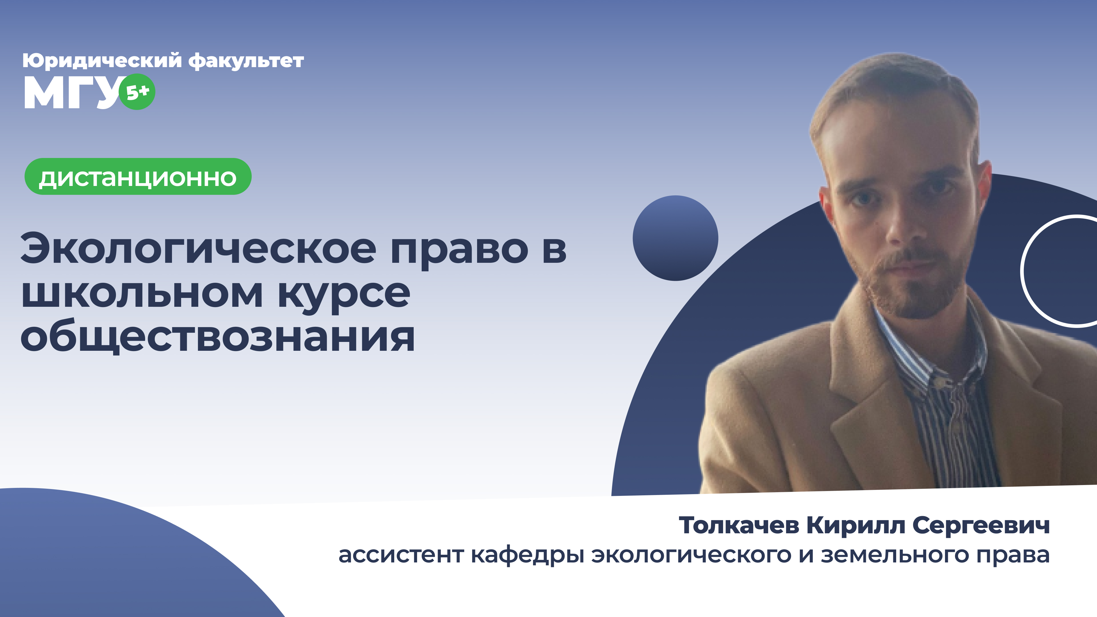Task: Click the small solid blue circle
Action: click(x=675, y=238)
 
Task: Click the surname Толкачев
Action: click(x=739, y=526)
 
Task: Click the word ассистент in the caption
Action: click(x=401, y=555)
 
